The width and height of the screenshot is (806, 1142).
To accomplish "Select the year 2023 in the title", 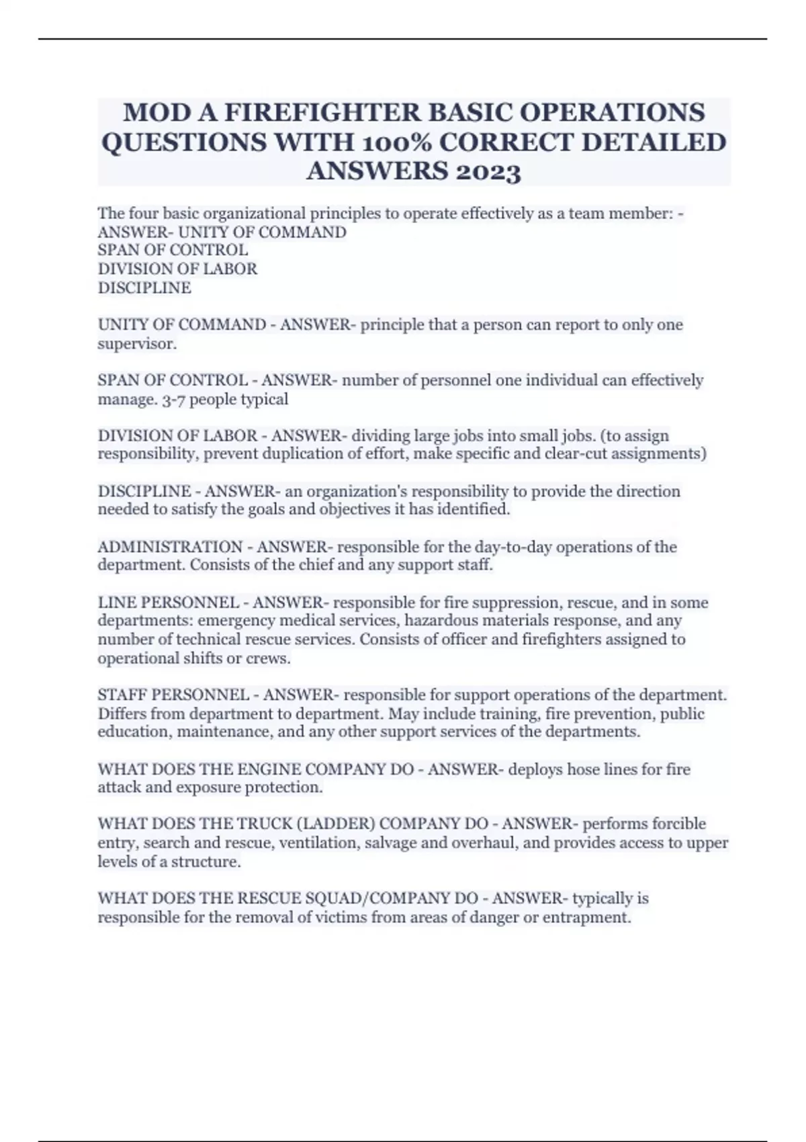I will pyautogui.click(x=488, y=173).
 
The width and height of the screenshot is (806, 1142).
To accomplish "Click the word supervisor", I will pyautogui.click(x=136, y=344).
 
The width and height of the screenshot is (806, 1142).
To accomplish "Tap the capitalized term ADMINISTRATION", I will pyautogui.click(x=170, y=547).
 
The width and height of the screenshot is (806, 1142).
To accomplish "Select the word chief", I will pyautogui.click(x=314, y=565).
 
